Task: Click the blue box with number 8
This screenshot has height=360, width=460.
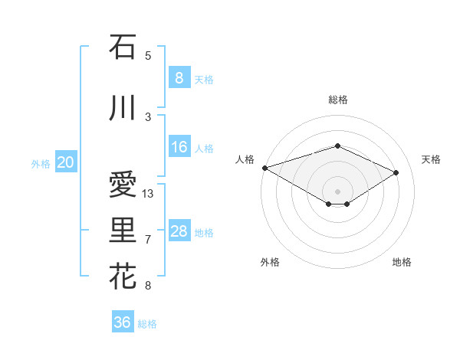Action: coord(179,77)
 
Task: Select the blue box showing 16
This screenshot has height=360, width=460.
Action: coord(179,147)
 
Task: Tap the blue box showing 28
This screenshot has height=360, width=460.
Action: coord(179,231)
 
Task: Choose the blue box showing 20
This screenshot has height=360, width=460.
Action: coord(66,162)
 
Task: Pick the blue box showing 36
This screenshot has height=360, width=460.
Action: coord(123,322)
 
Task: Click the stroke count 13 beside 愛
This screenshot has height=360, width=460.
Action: coord(148,194)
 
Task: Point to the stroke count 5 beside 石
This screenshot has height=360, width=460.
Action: coord(148,55)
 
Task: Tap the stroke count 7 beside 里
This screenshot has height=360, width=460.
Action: coord(148,240)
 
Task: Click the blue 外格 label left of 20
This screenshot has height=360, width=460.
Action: coord(41,163)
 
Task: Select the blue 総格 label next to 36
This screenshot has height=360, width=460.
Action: coord(147,324)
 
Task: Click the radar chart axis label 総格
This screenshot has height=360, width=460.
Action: coord(337,100)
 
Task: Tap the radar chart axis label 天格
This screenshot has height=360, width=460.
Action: coord(432,159)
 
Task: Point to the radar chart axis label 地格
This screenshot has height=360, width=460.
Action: coord(402,262)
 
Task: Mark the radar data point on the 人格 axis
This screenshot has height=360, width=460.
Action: coord(264,168)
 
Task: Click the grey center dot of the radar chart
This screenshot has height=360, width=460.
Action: coord(337,190)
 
